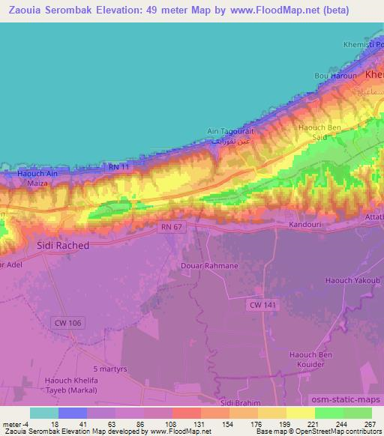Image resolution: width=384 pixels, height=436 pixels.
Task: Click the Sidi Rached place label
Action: pos(63,245)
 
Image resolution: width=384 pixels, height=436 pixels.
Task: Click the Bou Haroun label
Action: pos(332,76)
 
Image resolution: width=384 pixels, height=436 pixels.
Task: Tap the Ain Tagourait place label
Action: pos(231,131)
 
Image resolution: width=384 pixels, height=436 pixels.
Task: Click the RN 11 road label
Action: pos(119,166)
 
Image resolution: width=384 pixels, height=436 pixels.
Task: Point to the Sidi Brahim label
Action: pos(241,403)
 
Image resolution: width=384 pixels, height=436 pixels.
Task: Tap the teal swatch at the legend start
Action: pos(44,413)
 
